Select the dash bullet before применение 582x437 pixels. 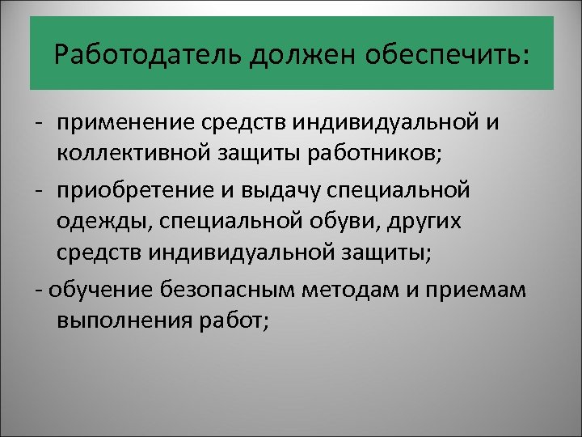point(39,124)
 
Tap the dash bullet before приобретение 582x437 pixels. point(39,192)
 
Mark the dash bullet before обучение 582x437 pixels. point(39,289)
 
